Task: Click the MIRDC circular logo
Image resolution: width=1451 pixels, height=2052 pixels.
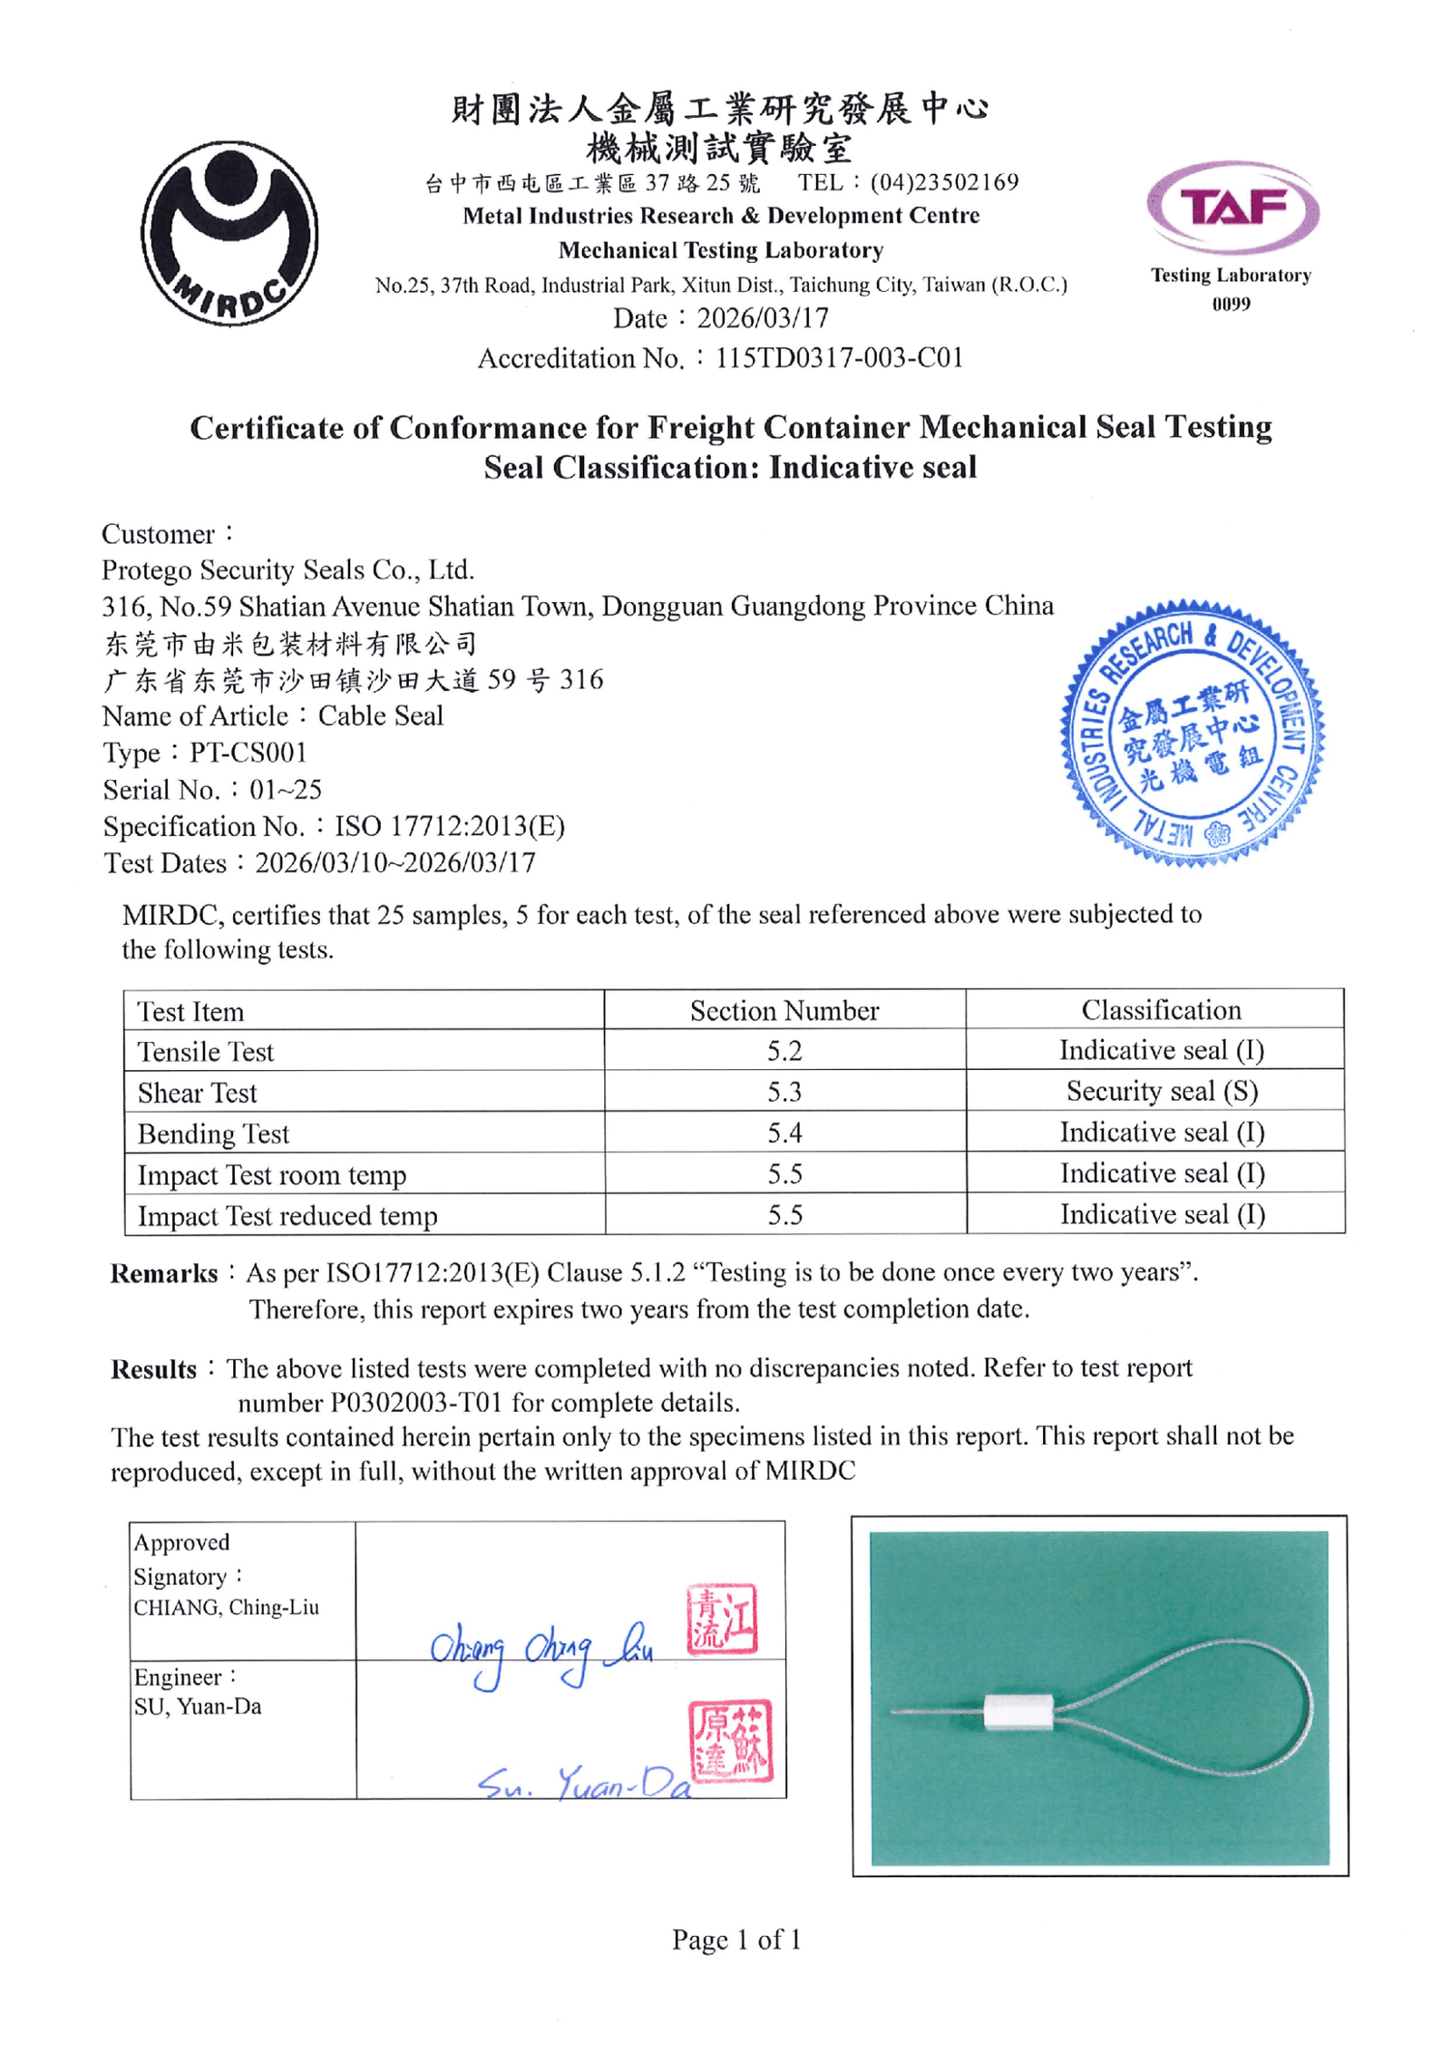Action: pyautogui.click(x=229, y=233)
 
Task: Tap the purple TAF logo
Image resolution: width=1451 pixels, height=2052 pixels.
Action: pyautogui.click(x=1232, y=208)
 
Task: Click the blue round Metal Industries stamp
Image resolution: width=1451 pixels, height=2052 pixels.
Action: pyautogui.click(x=1192, y=733)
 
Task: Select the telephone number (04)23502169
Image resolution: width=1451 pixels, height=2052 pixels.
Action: pyautogui.click(x=944, y=182)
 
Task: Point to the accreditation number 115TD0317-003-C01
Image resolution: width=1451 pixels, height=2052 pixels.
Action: pyautogui.click(x=839, y=358)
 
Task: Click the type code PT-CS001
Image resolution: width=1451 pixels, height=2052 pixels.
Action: pyautogui.click(x=248, y=753)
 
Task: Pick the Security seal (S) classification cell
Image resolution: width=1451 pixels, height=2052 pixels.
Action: pyautogui.click(x=1162, y=1091)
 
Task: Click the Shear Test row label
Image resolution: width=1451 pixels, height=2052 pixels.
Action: pyautogui.click(x=198, y=1093)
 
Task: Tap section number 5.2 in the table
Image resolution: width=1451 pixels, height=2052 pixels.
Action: pyautogui.click(x=784, y=1051)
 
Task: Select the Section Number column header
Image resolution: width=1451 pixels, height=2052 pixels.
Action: pyautogui.click(x=784, y=1010)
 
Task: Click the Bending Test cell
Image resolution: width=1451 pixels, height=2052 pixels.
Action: pyautogui.click(x=214, y=1133)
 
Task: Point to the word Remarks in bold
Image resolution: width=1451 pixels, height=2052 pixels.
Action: pyautogui.click(x=164, y=1273)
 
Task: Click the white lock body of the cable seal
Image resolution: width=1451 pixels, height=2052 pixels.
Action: pyautogui.click(x=1018, y=1712)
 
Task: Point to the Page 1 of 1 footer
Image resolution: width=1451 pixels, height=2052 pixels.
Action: pyautogui.click(x=736, y=1940)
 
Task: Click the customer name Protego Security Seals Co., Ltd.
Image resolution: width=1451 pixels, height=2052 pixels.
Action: pyautogui.click(x=288, y=569)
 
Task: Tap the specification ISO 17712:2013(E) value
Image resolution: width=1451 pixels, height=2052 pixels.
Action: pyautogui.click(x=450, y=826)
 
